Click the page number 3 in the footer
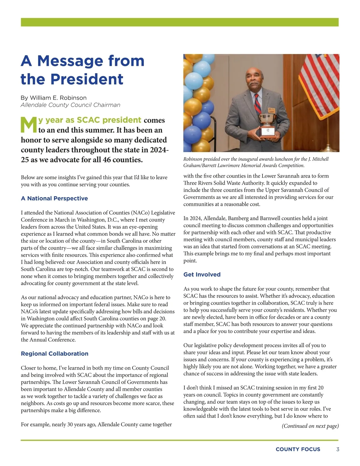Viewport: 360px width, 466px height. pyautogui.click(x=338, y=449)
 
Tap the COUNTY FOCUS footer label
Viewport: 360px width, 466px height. pyautogui.click(x=298, y=449)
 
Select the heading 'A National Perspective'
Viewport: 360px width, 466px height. pyautogui.click(x=54, y=198)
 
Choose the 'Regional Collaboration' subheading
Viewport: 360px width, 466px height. pyautogui.click(x=55, y=354)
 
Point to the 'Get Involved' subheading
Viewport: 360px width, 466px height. pyautogui.click(x=202, y=275)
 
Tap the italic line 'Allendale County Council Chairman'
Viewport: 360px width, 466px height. pyautogui.click(x=70, y=105)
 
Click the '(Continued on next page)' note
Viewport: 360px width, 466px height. pyautogui.click(x=310, y=426)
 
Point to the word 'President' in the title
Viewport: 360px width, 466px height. pyautogui.click(x=87, y=79)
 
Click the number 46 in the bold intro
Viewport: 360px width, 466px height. pyautogui.click(x=106, y=159)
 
